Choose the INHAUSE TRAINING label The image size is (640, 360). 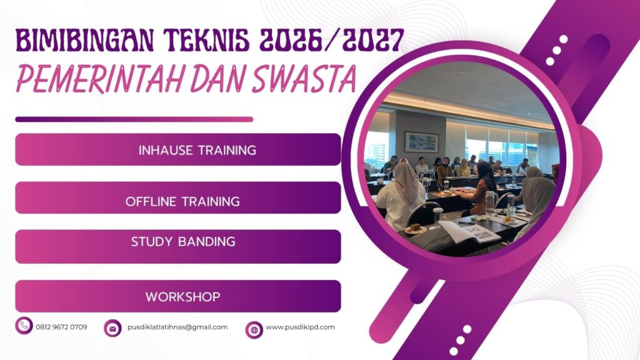(197, 150)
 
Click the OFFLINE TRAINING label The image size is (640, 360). (182, 201)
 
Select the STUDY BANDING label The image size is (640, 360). (183, 242)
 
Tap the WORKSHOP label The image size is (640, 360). (182, 296)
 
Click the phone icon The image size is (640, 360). (24, 326)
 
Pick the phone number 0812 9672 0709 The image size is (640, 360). (61, 327)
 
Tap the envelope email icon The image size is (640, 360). (112, 327)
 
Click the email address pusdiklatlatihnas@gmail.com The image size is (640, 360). (177, 327)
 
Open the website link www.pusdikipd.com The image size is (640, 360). (300, 327)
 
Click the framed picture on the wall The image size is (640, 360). (421, 142)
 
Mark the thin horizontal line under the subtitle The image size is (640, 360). (134, 119)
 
